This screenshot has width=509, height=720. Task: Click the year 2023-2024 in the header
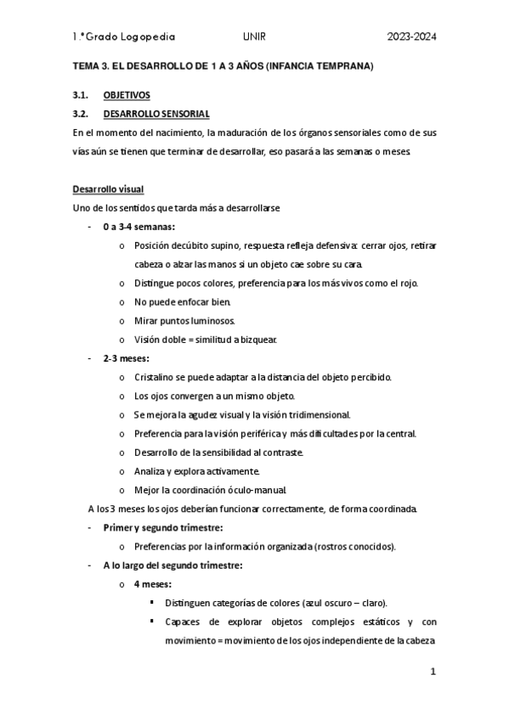tap(411, 37)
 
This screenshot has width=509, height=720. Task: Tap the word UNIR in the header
tap(253, 37)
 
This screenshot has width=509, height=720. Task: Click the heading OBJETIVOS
tap(127, 96)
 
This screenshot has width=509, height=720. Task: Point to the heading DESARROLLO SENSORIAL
tap(156, 114)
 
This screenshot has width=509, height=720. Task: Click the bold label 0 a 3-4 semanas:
tap(139, 227)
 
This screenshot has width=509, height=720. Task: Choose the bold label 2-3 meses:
tap(126, 358)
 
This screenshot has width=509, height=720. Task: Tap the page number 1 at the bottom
tap(433, 672)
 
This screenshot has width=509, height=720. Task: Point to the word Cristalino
tap(156, 377)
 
